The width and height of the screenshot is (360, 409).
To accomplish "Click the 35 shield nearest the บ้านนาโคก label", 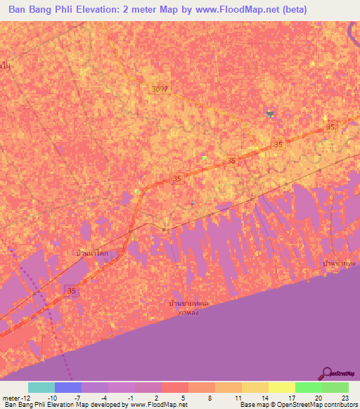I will coord(71,290).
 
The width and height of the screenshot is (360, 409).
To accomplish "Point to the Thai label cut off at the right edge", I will coord(340,262).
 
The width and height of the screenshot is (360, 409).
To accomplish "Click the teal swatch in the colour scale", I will coord(41,387).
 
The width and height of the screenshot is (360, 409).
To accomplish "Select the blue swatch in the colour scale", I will coord(67,387).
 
